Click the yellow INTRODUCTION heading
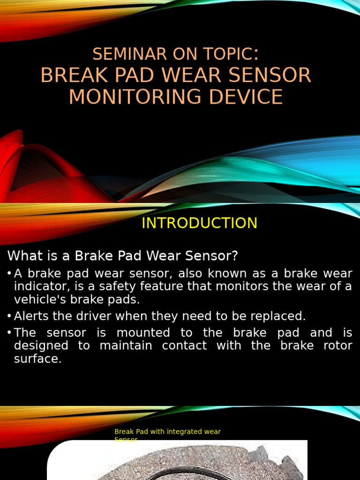click(199, 223)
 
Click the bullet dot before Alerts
click(9, 316)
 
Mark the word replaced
click(279, 316)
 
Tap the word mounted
click(143, 333)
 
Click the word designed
click(41, 346)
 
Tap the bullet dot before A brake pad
click(9, 273)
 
